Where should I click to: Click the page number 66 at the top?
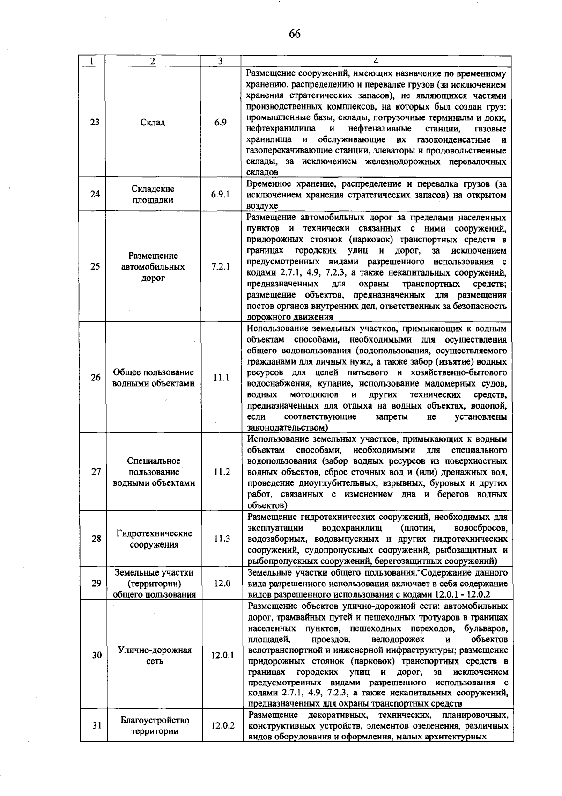(x=295, y=34)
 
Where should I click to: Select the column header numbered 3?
(x=220, y=61)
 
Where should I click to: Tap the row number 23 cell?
(x=95, y=123)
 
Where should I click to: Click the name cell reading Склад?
(x=153, y=123)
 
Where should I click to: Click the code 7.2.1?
(x=220, y=267)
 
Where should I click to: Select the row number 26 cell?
(x=95, y=378)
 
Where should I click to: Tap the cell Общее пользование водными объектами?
(x=153, y=378)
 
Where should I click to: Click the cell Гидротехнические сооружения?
(x=154, y=539)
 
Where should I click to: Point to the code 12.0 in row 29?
(x=222, y=583)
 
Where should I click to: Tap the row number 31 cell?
(x=96, y=726)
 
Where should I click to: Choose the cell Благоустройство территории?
(x=155, y=726)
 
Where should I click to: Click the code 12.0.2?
(x=222, y=726)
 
